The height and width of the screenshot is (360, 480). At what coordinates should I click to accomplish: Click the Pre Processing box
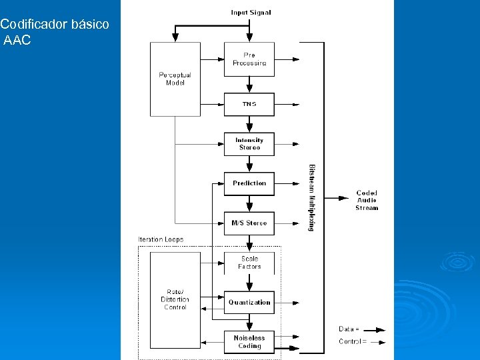[x=249, y=59]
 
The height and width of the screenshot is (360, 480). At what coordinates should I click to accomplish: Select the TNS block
[x=249, y=104]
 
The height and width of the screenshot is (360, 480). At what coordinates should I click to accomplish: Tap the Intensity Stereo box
[x=249, y=144]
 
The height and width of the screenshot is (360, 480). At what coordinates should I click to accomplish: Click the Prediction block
[x=249, y=183]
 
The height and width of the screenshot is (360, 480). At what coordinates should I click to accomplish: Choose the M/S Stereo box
[x=249, y=223]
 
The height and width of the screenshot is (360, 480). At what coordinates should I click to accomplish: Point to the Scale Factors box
[x=249, y=263]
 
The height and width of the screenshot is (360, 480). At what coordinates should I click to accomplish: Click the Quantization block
[x=249, y=303]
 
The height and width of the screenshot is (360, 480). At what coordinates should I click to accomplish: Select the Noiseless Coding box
[x=249, y=342]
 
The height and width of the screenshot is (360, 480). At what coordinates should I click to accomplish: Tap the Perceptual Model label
[x=175, y=79]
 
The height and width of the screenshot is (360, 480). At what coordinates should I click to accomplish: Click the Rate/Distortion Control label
[x=175, y=299]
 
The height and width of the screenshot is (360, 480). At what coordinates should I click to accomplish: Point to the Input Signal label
[x=251, y=13]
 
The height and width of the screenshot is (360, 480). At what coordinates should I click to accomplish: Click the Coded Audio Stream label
[x=367, y=201]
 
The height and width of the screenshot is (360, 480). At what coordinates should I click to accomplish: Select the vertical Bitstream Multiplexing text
[x=312, y=197]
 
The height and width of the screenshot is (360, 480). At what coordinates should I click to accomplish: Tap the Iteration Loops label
[x=161, y=239]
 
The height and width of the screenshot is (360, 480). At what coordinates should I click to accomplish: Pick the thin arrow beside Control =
[x=377, y=342]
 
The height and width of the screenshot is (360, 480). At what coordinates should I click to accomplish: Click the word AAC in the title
[x=17, y=41]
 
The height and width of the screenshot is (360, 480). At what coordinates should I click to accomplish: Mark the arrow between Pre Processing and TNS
[x=249, y=84]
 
